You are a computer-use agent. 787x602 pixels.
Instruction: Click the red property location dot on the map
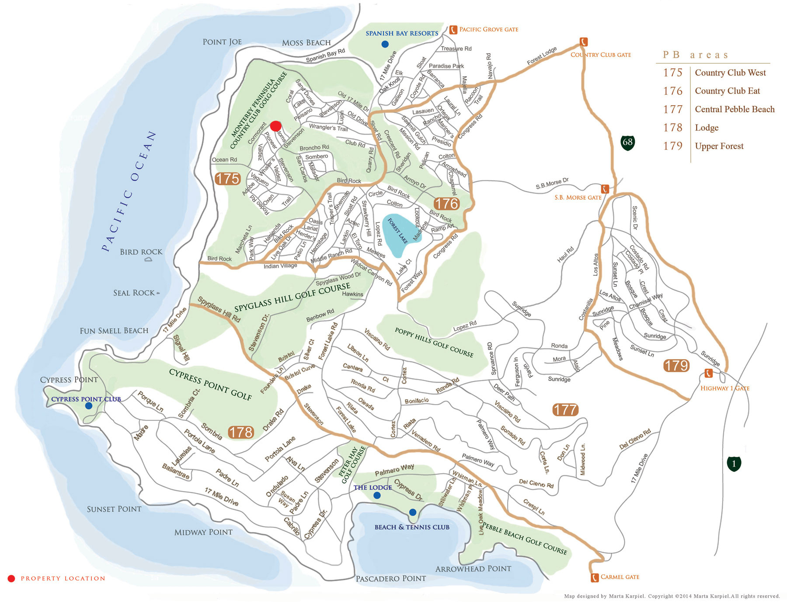click(275, 126)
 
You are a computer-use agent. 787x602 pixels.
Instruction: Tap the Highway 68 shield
click(627, 142)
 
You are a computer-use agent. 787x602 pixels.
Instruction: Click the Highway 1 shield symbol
click(734, 464)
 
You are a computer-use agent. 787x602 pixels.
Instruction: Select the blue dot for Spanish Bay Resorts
click(385, 44)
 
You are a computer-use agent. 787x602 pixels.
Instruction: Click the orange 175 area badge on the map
click(227, 179)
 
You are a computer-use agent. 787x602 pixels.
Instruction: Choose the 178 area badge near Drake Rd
click(241, 432)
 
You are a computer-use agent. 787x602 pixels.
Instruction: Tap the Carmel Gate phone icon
click(595, 578)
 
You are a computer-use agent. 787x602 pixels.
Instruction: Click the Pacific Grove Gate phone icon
click(453, 30)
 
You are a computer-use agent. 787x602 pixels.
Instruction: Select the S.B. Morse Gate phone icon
click(605, 189)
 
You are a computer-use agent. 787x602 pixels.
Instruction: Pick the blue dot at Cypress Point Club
click(89, 406)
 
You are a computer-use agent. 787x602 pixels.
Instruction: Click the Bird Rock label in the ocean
click(141, 252)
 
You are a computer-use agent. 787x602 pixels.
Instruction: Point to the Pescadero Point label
click(390, 578)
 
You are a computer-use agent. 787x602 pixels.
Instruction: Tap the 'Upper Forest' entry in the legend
click(719, 146)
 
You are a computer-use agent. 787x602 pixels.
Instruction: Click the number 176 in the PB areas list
click(672, 91)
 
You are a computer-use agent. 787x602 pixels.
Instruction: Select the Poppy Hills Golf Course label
click(434, 343)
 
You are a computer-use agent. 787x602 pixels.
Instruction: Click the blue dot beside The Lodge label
click(377, 495)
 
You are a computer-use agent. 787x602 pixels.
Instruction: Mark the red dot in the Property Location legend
click(11, 578)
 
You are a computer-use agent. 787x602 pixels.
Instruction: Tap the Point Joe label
click(222, 42)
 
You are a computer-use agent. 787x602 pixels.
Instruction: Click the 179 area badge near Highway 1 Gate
click(676, 365)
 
